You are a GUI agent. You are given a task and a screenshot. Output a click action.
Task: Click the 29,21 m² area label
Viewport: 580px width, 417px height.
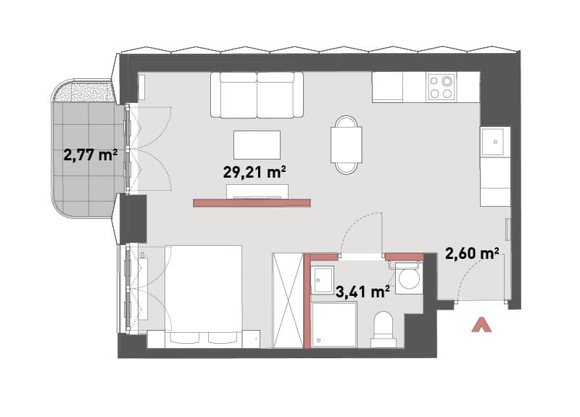click(x=254, y=172)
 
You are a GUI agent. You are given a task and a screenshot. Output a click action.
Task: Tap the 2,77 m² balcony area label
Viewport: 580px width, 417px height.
click(x=91, y=154)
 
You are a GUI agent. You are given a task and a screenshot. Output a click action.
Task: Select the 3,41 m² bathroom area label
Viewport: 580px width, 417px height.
click(x=362, y=292)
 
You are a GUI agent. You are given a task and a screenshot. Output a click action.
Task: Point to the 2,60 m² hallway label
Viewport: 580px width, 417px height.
click(x=473, y=255)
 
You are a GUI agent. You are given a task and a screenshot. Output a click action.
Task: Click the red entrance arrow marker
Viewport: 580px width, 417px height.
click(x=482, y=325)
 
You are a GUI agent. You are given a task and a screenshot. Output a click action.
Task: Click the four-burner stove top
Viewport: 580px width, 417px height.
click(x=441, y=87)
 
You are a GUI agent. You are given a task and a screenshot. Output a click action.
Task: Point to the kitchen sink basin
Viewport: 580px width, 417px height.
click(x=492, y=141)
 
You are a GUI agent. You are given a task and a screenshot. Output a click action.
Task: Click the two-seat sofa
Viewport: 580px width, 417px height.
click(x=257, y=95)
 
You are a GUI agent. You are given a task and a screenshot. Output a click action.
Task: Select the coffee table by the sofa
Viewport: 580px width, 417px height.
click(x=257, y=144)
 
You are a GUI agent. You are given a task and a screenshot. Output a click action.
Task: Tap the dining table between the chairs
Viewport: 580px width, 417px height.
click(x=347, y=144)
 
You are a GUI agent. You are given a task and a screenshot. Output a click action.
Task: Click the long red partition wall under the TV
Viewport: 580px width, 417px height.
click(x=252, y=203)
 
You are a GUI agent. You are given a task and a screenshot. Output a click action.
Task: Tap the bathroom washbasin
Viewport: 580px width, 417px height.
click(x=322, y=280)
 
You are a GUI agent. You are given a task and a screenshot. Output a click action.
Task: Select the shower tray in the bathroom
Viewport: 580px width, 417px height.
click(x=334, y=325)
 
